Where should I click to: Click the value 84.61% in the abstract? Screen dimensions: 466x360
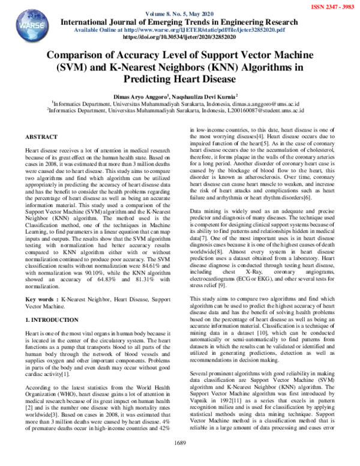tap(139, 262)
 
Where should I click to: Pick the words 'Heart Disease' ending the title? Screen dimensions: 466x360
tap(205, 78)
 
